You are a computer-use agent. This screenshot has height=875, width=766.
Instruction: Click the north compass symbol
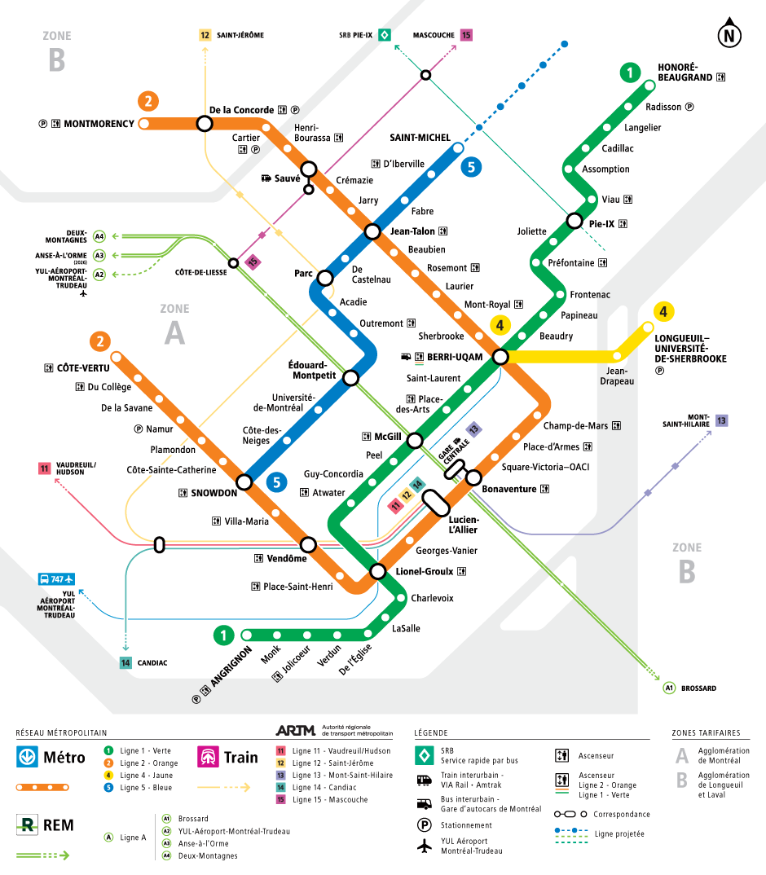point(729,34)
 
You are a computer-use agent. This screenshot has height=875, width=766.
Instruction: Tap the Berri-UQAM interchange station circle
point(500,357)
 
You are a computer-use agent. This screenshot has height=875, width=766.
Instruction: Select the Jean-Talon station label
point(412,231)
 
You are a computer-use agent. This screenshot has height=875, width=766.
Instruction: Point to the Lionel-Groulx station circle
point(377,571)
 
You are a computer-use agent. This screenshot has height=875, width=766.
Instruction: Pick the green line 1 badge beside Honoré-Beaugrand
point(629,73)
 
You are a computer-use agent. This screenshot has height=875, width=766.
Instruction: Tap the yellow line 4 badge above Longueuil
point(664,311)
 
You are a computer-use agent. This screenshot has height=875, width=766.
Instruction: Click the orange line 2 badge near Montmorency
point(147,101)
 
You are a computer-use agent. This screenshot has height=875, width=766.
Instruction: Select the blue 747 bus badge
point(55,579)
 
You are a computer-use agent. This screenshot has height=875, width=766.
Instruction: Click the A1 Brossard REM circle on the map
point(669,688)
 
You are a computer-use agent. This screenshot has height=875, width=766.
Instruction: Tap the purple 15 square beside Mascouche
point(466,35)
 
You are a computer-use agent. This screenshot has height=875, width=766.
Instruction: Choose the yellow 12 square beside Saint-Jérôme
point(205,35)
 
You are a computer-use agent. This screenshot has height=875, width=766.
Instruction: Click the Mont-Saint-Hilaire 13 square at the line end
point(721,420)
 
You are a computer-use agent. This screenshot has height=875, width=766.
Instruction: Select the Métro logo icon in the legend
point(27,757)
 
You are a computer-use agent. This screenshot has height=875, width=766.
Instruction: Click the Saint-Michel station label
point(420,137)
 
